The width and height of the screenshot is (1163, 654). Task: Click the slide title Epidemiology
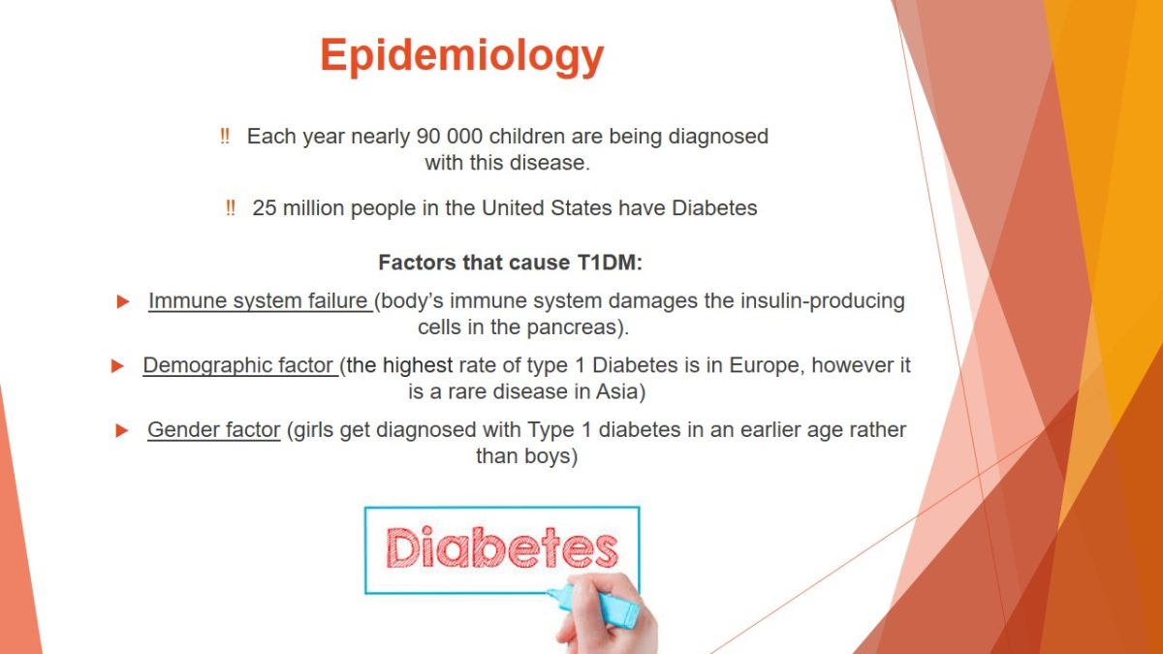(x=462, y=56)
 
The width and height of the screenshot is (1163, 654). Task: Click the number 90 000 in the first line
(x=450, y=137)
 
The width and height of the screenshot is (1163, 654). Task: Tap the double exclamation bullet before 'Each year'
(x=225, y=137)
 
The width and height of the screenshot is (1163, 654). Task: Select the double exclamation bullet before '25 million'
(x=231, y=208)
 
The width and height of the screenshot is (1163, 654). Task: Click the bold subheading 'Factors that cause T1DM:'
(x=511, y=263)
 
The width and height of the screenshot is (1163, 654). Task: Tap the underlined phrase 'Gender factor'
(x=214, y=430)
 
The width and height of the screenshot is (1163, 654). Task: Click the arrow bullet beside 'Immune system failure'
(x=123, y=301)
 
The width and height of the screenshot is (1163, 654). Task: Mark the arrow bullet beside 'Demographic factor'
(x=117, y=366)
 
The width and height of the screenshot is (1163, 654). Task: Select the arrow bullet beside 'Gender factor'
(x=122, y=430)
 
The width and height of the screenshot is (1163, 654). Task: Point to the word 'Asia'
(x=616, y=391)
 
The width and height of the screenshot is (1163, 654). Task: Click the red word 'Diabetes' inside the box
(x=502, y=547)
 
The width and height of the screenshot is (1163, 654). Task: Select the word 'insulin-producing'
(x=823, y=301)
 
